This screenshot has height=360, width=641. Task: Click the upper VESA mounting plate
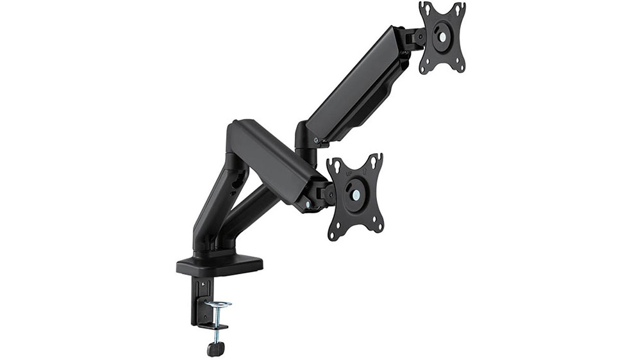point(442,38)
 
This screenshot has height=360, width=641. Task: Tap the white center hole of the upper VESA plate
point(442,37)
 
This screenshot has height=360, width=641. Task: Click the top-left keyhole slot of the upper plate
point(424,8)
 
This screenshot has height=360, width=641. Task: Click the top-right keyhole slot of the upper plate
point(459,8)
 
